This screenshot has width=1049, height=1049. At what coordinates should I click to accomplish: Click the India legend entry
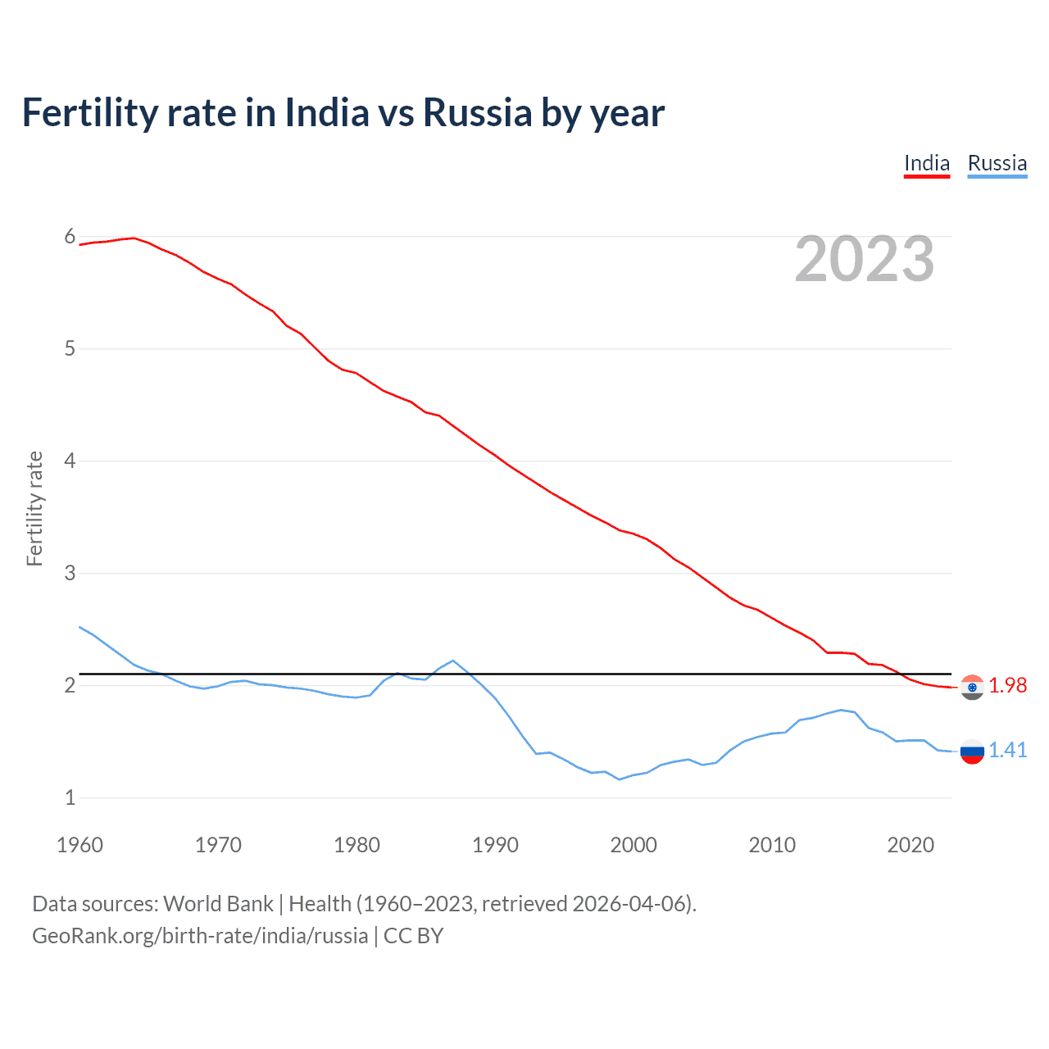tap(926, 164)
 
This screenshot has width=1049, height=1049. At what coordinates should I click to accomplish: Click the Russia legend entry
tap(997, 164)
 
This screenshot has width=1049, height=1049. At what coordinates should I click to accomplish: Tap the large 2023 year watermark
tap(864, 259)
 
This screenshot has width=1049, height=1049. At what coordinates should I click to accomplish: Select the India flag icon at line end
tap(972, 687)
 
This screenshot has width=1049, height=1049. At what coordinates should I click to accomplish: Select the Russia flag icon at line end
tap(972, 751)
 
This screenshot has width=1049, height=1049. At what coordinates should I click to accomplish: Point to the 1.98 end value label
tap(1007, 685)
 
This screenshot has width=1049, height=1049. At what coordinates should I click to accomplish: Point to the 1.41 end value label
tap(1007, 750)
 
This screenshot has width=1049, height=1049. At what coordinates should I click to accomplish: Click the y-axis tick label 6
tap(70, 237)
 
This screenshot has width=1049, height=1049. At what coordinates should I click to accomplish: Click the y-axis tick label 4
tap(70, 461)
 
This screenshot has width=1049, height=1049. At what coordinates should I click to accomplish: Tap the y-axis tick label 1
tap(70, 797)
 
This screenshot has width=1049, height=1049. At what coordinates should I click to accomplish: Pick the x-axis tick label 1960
tap(79, 845)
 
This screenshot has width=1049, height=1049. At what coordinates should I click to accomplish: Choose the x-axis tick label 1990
tap(495, 845)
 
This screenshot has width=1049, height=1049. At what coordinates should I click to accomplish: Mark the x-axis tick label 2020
tap(910, 845)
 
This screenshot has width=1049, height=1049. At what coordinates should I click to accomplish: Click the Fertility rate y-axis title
tap(34, 508)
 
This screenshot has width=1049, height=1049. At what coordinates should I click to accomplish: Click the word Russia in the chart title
tap(477, 112)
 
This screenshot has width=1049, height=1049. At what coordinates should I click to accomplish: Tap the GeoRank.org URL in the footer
tap(200, 936)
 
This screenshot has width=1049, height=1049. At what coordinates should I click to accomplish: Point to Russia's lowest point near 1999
tap(620, 779)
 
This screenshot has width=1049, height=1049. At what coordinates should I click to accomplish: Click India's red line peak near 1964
tap(134, 238)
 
